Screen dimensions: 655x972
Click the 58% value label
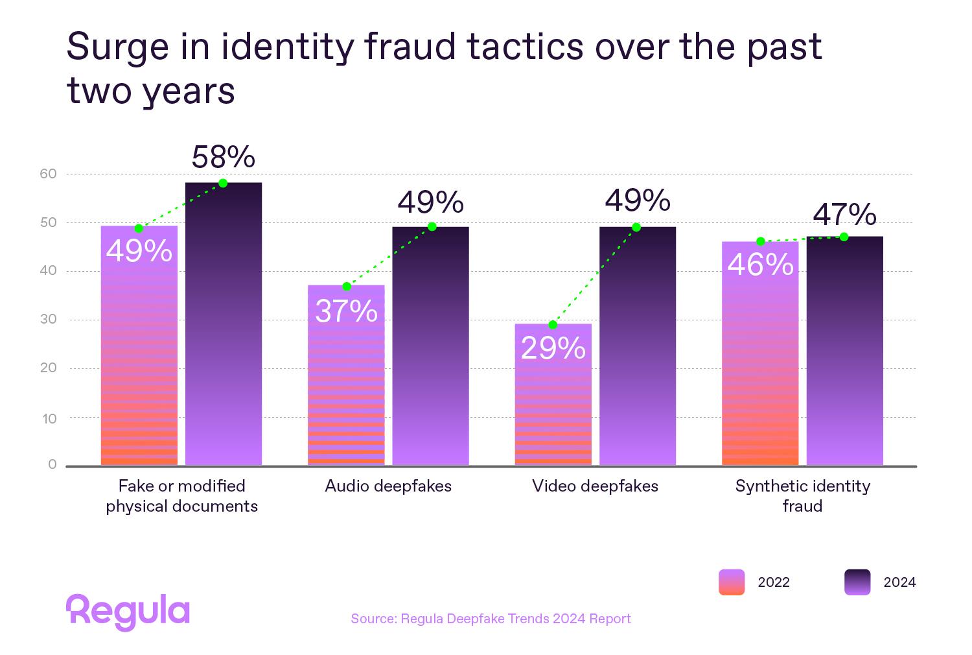[x=223, y=158]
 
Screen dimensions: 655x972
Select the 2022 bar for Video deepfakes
[x=553, y=402]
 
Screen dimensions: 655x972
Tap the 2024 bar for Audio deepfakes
[x=430, y=350]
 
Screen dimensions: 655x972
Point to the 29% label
[x=553, y=349]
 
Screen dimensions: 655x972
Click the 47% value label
[x=844, y=215]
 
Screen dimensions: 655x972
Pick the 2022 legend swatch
[x=732, y=582]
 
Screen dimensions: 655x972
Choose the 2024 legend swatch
[x=857, y=582]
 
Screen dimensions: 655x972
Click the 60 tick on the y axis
[x=49, y=174]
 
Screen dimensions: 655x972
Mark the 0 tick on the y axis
[x=52, y=465]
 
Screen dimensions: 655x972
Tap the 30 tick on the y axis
[x=49, y=319]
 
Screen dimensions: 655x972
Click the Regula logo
[x=128, y=612]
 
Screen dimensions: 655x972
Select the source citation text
[x=491, y=619]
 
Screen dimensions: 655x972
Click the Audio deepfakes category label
[x=388, y=486]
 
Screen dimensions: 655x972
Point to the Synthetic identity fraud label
[x=802, y=496]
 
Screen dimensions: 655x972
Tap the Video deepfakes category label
[x=595, y=486]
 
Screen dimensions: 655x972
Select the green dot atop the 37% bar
[x=347, y=287]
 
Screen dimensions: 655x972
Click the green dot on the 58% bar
[x=223, y=183]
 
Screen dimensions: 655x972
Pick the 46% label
[x=760, y=265]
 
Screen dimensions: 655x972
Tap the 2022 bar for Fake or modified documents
[x=139, y=363]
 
